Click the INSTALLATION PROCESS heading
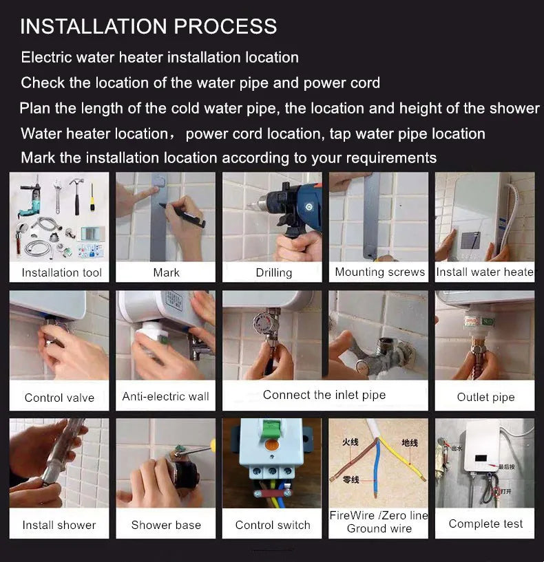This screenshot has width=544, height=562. [x=148, y=27]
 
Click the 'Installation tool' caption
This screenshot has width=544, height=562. [x=61, y=272]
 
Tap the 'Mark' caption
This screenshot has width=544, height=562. [x=166, y=272]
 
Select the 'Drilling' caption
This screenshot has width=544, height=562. [x=273, y=272]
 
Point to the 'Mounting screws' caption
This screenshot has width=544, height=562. [x=379, y=272]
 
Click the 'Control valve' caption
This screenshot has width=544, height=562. [x=59, y=397]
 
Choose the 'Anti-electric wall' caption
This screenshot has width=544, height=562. [x=165, y=396]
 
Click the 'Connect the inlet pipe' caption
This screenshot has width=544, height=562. [x=324, y=395]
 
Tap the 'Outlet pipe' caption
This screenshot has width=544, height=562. [x=485, y=397]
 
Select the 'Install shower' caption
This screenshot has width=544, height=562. [x=59, y=525]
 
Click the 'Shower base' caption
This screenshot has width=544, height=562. [x=165, y=525]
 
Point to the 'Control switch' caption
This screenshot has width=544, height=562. [x=273, y=525]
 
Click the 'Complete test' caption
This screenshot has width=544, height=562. [x=485, y=523]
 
